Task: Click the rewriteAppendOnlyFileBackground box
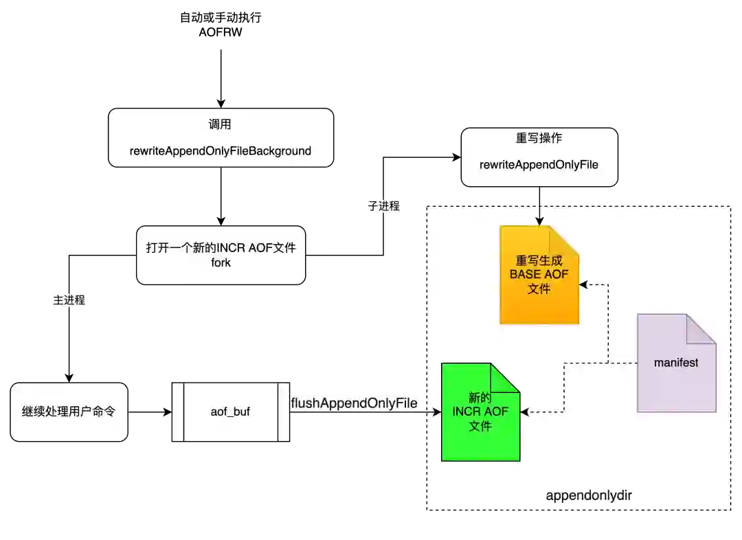[x=221, y=137]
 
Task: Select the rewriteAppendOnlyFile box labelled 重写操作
[x=539, y=157]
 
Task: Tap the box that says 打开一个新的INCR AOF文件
[x=221, y=255]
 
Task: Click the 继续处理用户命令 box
[x=69, y=412]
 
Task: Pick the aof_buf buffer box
[x=230, y=412]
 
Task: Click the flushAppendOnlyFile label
[x=355, y=403]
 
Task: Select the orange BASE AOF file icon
[x=539, y=275]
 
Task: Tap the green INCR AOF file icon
[x=480, y=412]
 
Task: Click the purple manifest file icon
[x=676, y=363]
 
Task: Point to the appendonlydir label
[x=588, y=495]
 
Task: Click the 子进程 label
[x=382, y=206]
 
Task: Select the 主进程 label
[x=69, y=300]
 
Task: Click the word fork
[x=221, y=263]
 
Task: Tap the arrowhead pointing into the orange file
[x=539, y=221]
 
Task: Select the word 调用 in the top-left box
[x=220, y=124]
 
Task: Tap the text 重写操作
[x=539, y=138]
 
